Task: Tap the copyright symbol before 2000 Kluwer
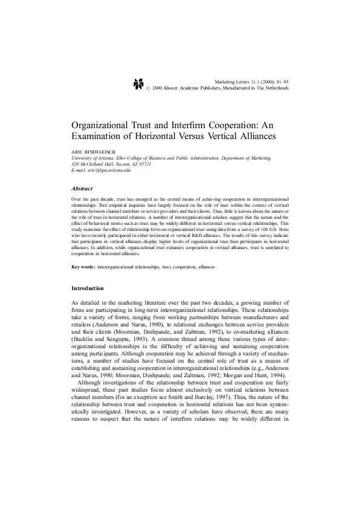[148, 88]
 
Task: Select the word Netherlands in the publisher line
[275, 88]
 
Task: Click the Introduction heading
[87, 288]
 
